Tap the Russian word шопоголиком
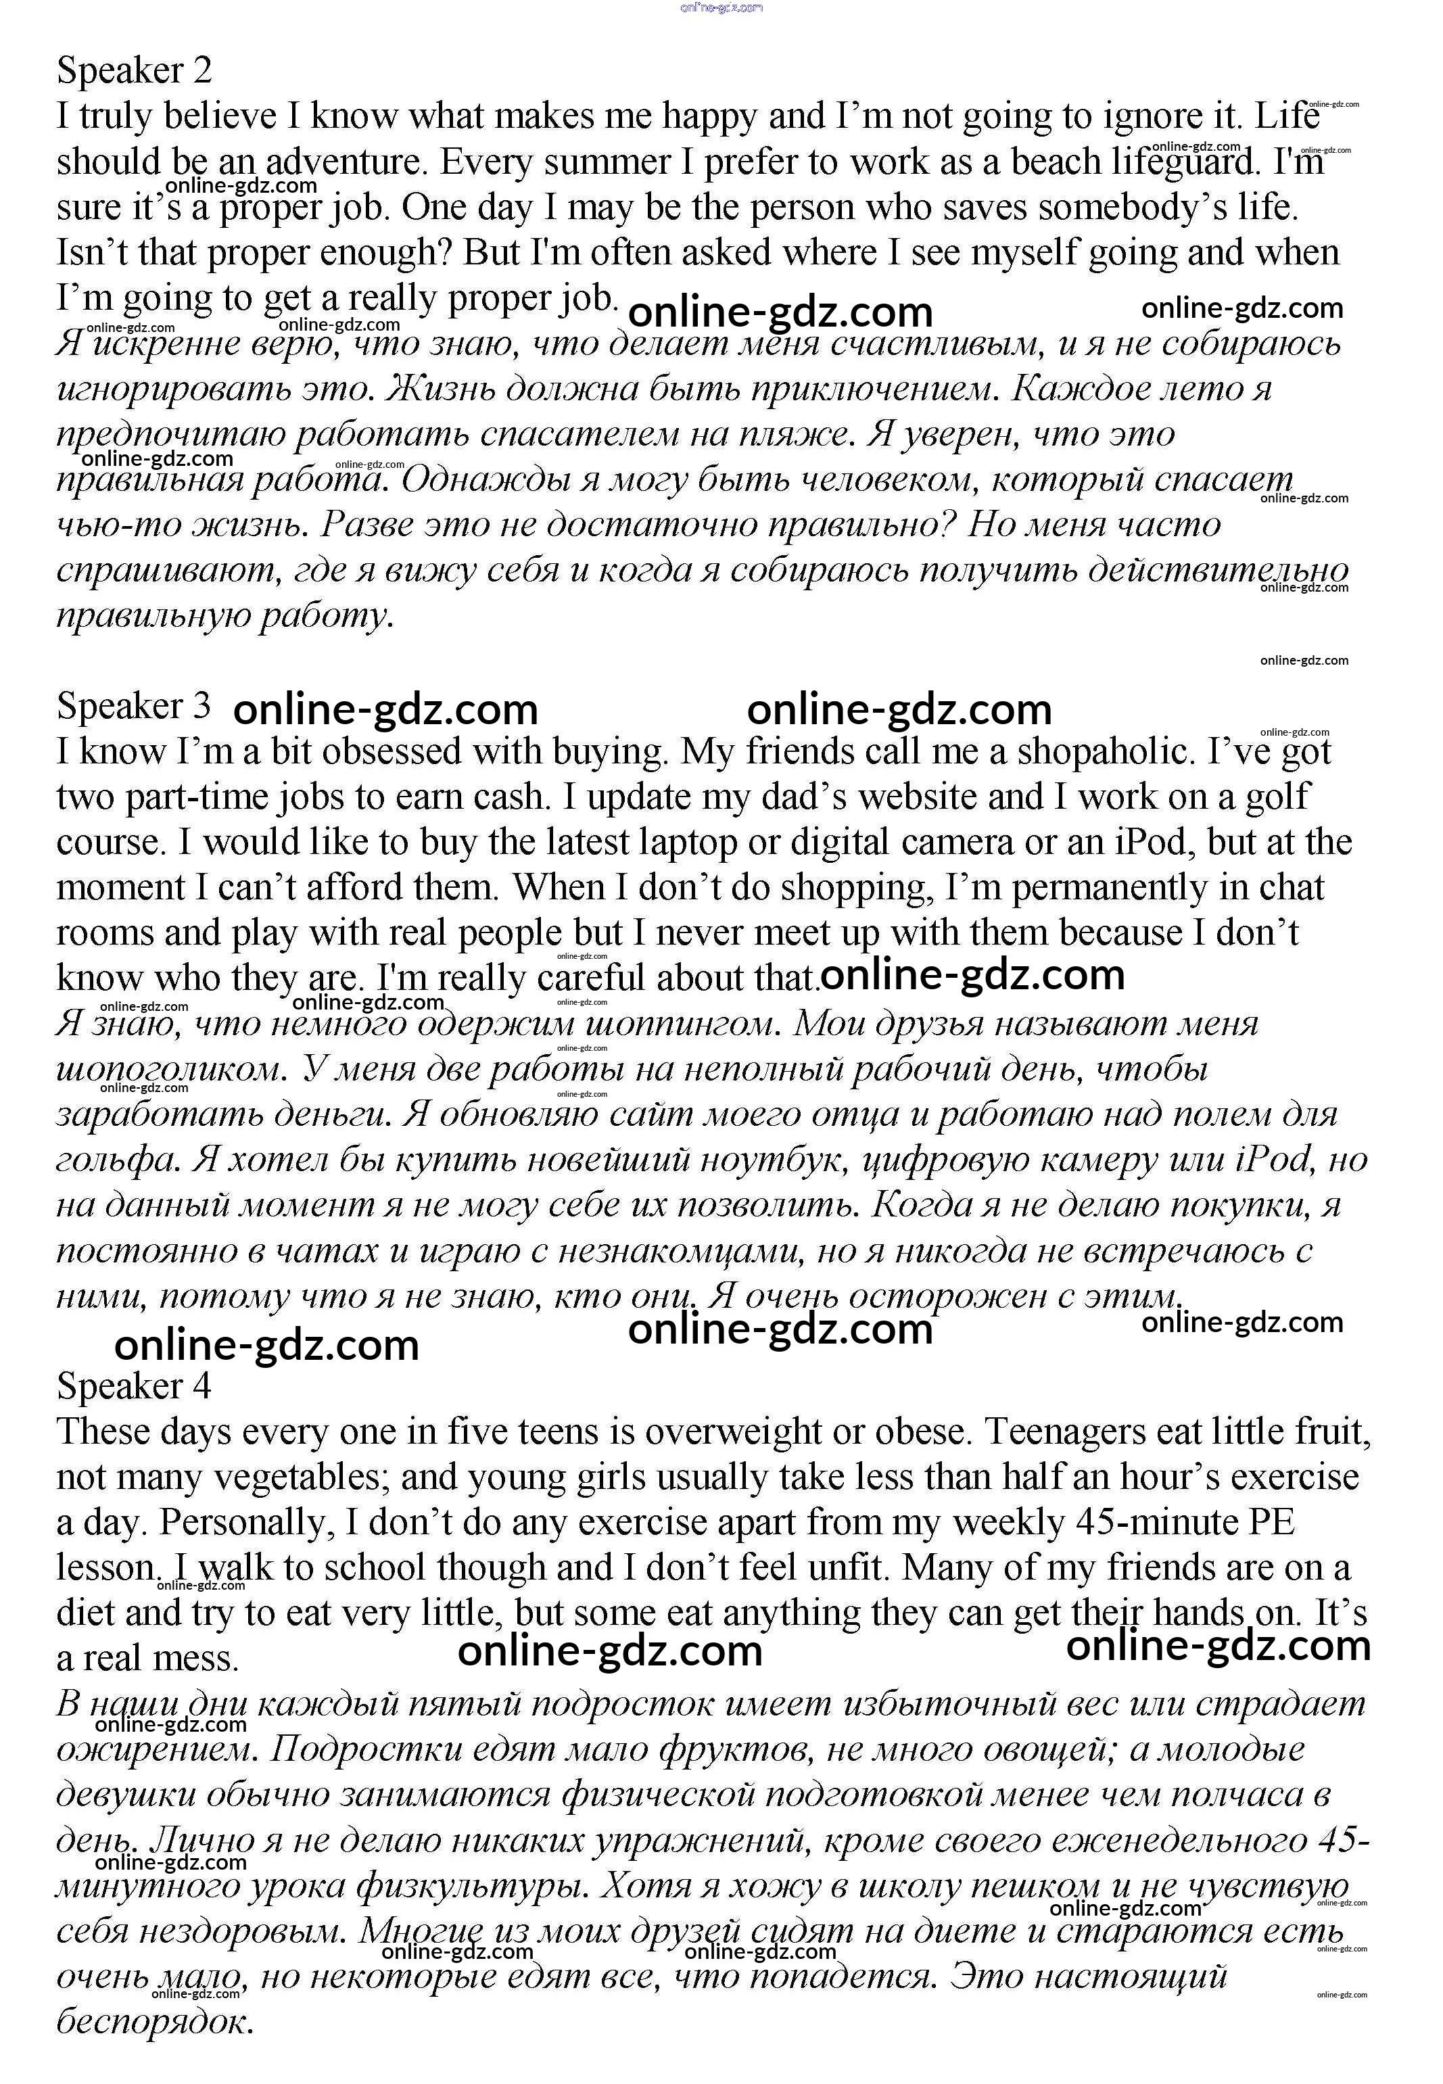pyautogui.click(x=171, y=1070)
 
